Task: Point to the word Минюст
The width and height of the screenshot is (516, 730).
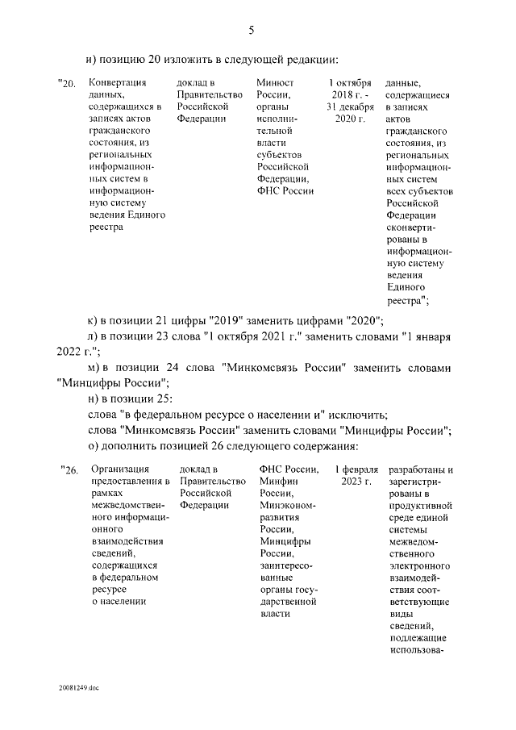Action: (x=275, y=83)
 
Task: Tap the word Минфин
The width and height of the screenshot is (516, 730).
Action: (x=277, y=482)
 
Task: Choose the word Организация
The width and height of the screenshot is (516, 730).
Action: (x=119, y=470)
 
